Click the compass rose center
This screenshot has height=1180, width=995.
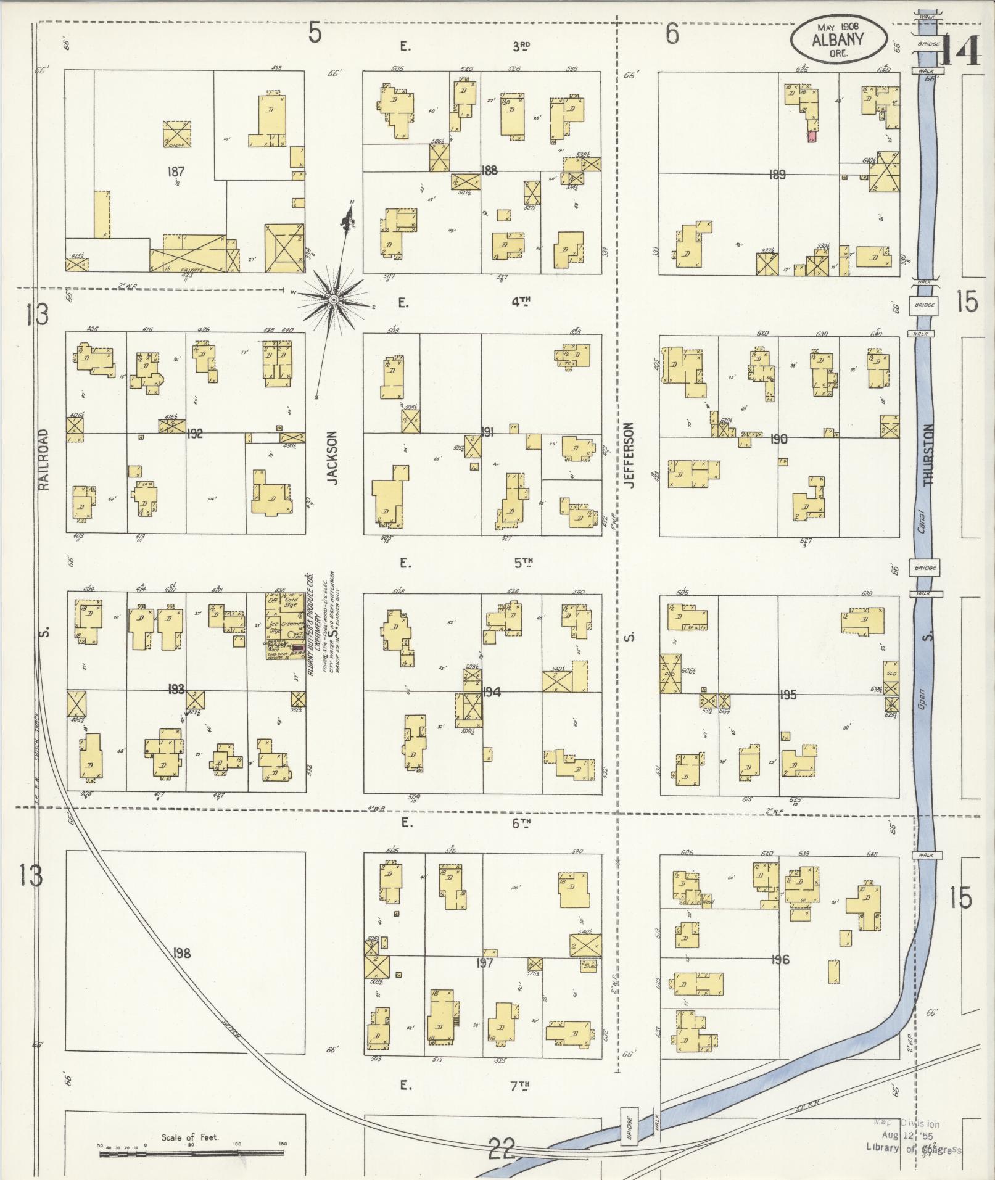333,300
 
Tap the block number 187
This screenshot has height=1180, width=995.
176,171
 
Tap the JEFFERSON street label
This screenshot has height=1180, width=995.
629,455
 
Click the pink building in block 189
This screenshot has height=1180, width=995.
812,137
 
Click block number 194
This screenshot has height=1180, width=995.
492,692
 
